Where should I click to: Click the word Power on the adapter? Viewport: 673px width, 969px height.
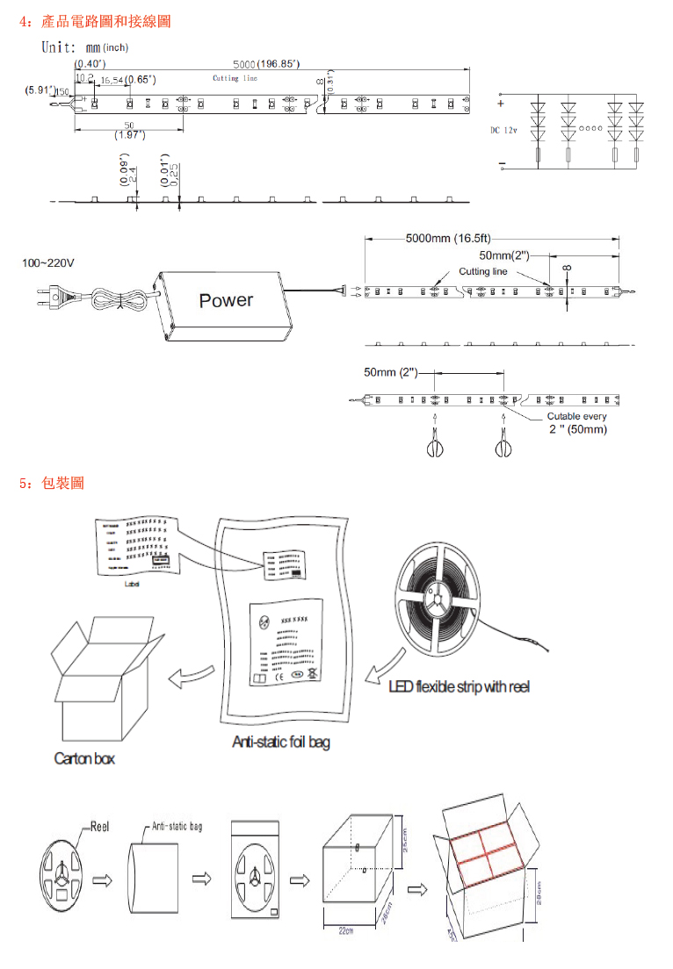[226, 300]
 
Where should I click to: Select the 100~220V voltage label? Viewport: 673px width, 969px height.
[48, 262]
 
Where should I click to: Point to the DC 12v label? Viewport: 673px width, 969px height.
[503, 130]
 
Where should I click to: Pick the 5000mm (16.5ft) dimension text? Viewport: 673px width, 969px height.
[448, 238]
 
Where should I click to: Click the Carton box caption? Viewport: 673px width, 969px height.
[84, 757]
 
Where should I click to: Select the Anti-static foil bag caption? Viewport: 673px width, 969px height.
[281, 742]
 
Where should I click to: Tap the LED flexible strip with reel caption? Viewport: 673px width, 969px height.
[460, 685]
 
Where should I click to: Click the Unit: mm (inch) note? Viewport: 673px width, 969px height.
[85, 47]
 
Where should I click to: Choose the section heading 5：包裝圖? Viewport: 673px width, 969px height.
[52, 483]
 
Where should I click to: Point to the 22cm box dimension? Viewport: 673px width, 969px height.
[345, 931]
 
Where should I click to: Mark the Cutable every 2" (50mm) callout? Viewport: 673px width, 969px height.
[576, 422]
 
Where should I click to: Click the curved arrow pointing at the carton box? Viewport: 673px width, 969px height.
[192, 676]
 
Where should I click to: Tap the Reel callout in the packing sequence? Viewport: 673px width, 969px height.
[99, 827]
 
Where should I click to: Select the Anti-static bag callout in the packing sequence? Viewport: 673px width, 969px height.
[177, 827]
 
